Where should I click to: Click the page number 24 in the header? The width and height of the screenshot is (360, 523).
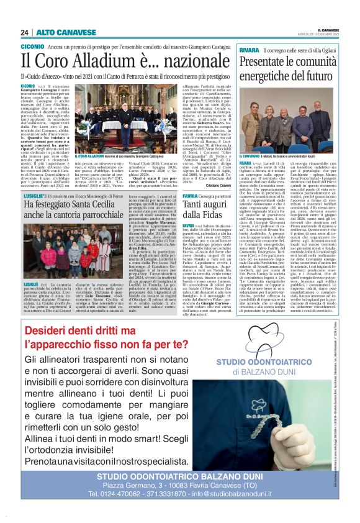[x=24, y=32]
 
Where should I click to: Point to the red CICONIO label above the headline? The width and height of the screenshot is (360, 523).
[x=32, y=47]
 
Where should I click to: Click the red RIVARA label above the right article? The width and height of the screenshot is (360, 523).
[x=249, y=49]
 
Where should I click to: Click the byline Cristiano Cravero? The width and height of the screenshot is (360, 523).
[x=219, y=185]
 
